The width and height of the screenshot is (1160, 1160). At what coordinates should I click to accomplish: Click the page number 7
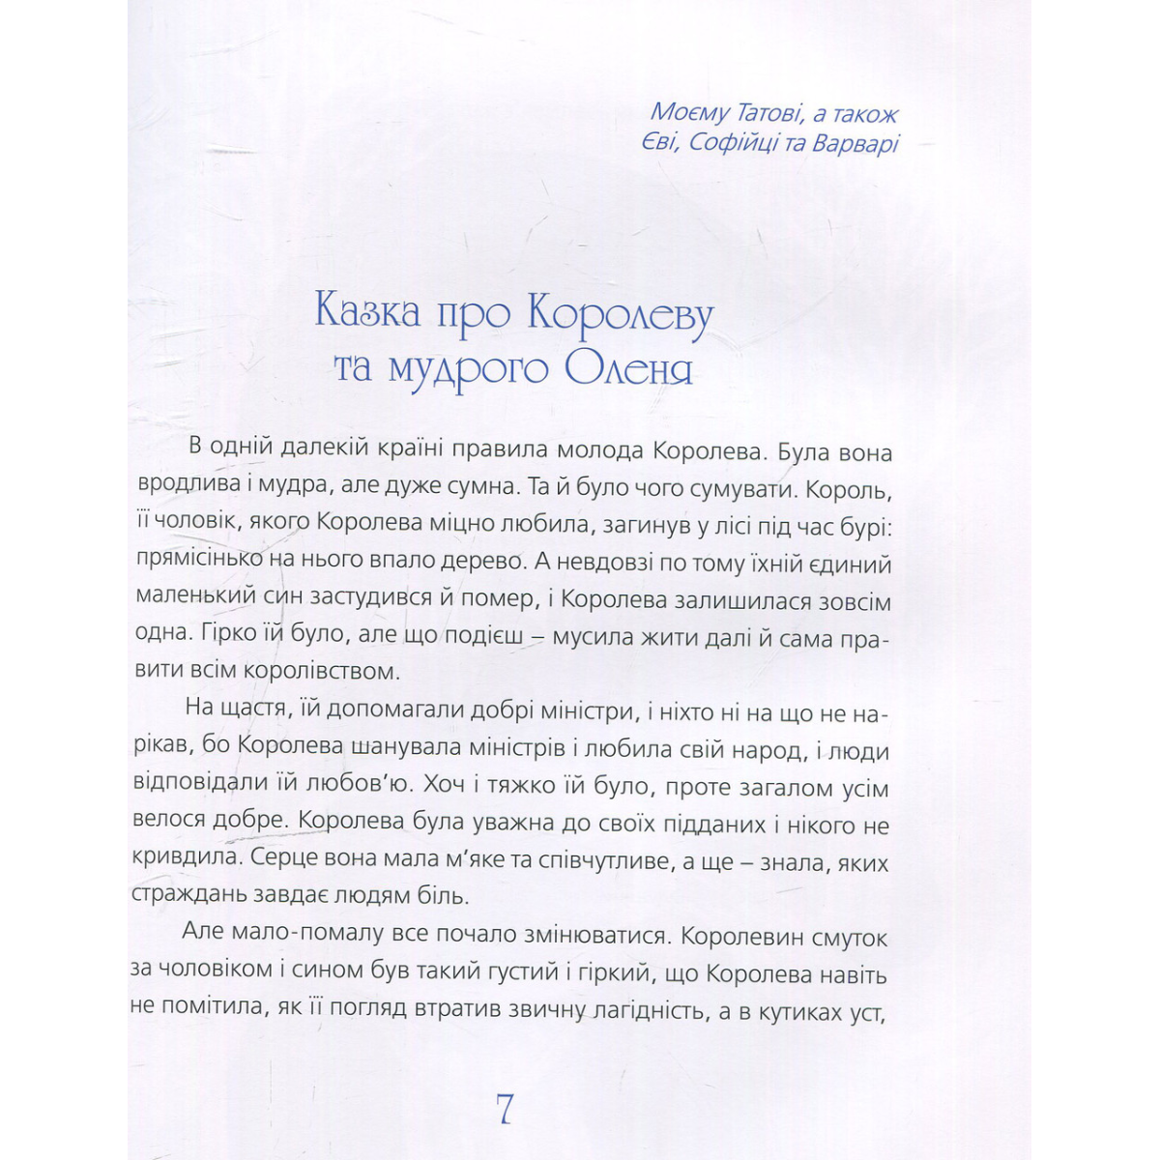click(x=503, y=1109)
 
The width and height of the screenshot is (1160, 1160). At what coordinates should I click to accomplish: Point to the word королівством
click(x=317, y=671)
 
